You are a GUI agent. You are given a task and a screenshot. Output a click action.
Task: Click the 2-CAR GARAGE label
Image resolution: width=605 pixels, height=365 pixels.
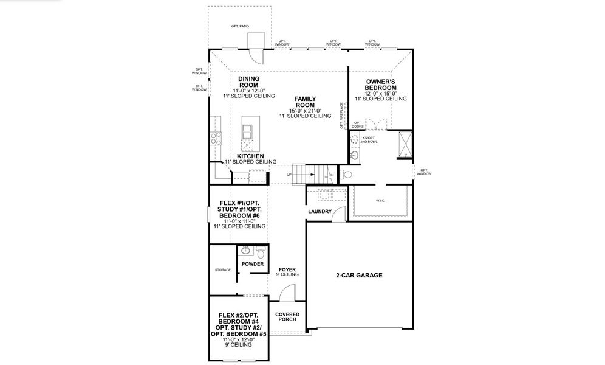[x=359, y=275]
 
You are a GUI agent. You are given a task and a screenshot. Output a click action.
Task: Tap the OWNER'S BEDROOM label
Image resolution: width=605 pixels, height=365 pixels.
[x=381, y=85]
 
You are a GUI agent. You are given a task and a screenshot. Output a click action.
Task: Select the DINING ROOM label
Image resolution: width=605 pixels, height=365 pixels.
[x=248, y=82]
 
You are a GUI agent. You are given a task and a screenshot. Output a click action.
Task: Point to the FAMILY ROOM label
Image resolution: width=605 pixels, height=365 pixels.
[x=305, y=101]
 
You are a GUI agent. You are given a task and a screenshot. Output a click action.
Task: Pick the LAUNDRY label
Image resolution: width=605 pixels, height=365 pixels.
[x=320, y=212]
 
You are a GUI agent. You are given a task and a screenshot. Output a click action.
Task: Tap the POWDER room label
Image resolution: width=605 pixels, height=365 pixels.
[x=253, y=264]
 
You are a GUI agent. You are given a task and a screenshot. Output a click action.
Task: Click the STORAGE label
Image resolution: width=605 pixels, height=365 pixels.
[x=222, y=269]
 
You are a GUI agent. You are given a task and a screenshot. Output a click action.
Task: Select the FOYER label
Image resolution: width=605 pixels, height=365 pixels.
[x=287, y=269]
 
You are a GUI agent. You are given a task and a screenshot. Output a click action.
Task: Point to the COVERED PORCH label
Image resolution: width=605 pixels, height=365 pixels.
[x=287, y=318]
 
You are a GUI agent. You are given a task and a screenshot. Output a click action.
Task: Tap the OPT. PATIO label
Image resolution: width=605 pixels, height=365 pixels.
[x=240, y=27]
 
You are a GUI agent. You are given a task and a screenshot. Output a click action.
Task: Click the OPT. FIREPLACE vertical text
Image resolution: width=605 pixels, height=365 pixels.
[x=343, y=116]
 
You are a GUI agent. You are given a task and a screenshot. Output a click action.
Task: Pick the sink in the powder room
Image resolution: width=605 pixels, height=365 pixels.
[x=245, y=251]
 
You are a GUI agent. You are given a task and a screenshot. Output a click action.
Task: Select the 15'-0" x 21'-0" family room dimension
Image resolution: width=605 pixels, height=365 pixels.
[x=304, y=110]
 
